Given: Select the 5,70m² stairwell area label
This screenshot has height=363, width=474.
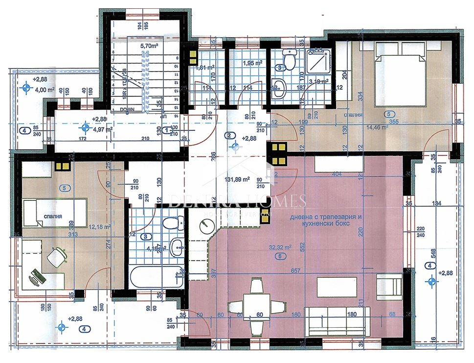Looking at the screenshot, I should tap(149, 46).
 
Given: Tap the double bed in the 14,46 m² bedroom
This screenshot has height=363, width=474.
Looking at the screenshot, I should tap(400, 73).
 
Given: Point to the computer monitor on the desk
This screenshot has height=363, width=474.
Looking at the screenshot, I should tap(36, 277).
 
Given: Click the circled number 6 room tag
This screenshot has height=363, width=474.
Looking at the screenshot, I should tap(280, 256).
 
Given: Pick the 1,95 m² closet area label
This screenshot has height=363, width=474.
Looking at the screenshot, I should tap(253, 63).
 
